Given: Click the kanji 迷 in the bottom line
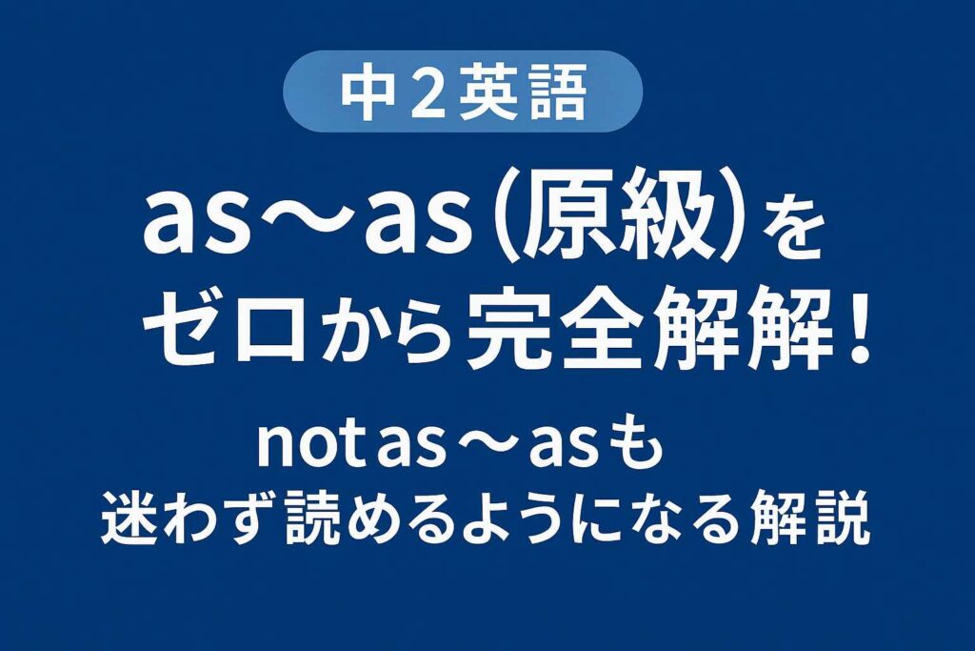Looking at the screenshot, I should click(133, 519).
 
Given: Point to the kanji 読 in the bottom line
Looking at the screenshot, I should click(323, 519).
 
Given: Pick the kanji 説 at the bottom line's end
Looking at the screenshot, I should click(839, 519).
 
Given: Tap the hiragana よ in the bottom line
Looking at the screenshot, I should click(492, 519).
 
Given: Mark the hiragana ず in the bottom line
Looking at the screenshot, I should click(253, 519).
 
